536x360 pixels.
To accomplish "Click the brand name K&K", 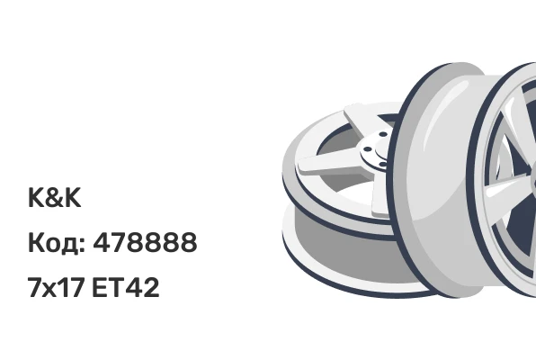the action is point(54,197).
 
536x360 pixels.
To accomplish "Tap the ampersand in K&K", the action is point(54,197).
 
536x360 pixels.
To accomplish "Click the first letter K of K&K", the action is point(36,197).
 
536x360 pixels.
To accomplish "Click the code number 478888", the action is point(146,242).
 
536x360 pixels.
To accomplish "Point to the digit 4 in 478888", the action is point(102,242).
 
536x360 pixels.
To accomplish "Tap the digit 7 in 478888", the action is point(119,242).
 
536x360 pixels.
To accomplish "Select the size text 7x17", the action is point(56,287).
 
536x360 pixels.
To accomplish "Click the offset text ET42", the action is point(125,287).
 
